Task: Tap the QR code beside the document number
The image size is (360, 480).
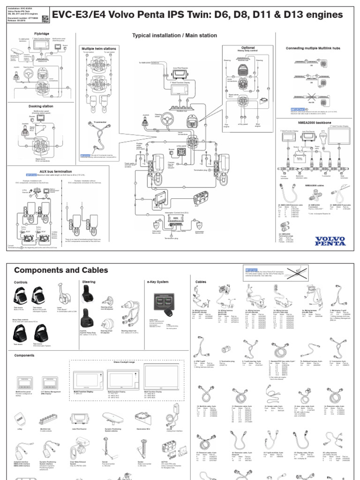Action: click(x=45, y=19)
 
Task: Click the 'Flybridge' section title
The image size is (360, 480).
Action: click(x=41, y=34)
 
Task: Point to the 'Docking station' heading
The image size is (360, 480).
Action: click(x=41, y=106)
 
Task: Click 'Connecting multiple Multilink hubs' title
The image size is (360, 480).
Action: click(x=316, y=48)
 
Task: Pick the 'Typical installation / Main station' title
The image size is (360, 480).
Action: click(x=174, y=35)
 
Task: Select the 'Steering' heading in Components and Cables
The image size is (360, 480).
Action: click(x=89, y=282)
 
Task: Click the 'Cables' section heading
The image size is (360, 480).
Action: click(x=201, y=282)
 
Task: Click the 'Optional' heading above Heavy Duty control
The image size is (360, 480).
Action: click(x=248, y=48)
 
